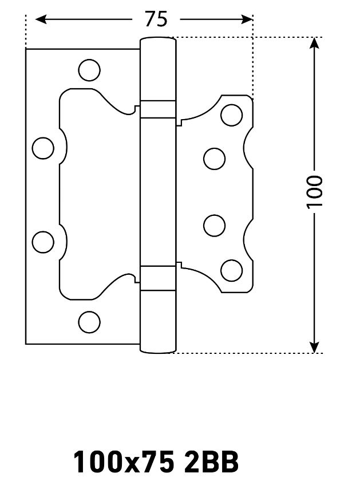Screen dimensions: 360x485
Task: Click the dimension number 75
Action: [x=156, y=19]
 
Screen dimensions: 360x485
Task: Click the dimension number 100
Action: [x=314, y=192]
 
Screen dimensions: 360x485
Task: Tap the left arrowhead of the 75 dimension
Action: [x=41, y=19]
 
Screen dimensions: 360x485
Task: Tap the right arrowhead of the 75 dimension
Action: [x=247, y=19]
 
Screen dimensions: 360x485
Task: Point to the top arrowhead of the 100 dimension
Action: [x=314, y=43]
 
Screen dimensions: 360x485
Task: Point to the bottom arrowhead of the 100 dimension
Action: [x=314, y=347]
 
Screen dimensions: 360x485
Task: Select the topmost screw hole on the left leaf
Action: [x=89, y=70]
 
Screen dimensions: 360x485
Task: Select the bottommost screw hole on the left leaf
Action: [x=89, y=322]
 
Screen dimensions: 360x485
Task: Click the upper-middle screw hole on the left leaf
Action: [x=43, y=148]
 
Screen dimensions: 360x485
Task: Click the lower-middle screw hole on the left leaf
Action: [x=43, y=242]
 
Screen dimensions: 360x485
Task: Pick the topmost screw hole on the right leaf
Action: [x=232, y=115]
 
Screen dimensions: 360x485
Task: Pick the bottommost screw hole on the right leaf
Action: [x=232, y=271]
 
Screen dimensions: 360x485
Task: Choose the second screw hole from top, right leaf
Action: [x=214, y=159]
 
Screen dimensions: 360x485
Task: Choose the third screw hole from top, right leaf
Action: [x=214, y=226]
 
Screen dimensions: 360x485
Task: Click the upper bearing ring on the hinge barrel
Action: [x=158, y=109]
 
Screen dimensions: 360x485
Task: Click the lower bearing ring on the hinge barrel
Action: [x=158, y=278]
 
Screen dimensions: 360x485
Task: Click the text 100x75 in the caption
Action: [x=124, y=463]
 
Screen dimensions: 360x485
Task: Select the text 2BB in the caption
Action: [x=211, y=463]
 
